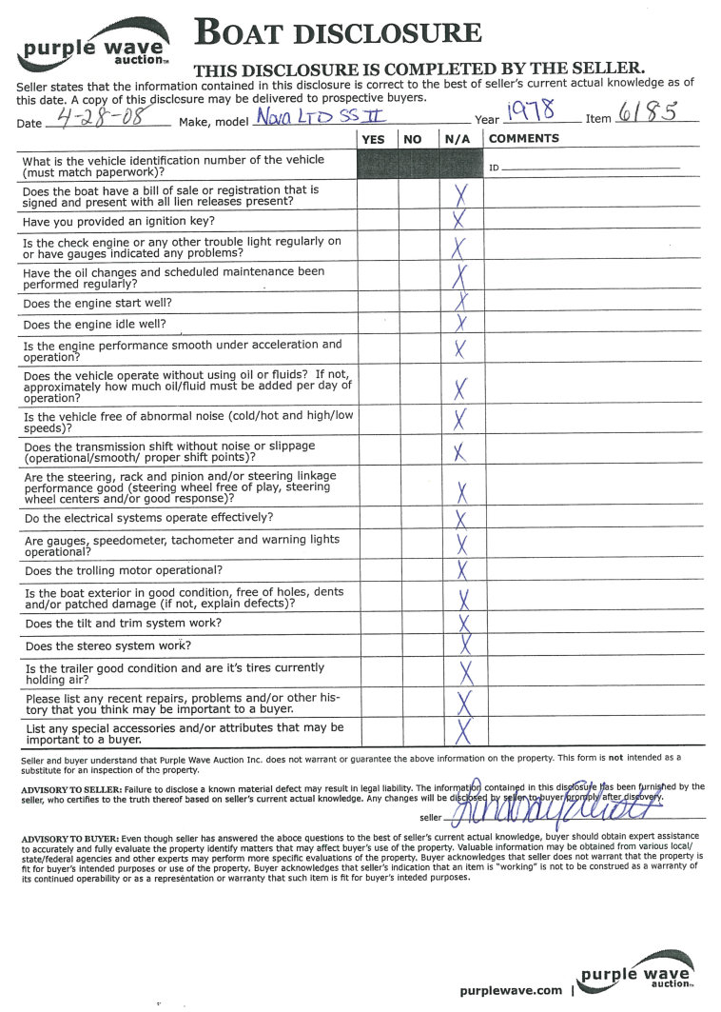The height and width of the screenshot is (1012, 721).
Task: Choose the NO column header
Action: tap(413, 139)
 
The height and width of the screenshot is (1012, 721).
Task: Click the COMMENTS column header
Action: tap(524, 139)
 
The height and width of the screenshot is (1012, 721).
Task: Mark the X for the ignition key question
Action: tap(460, 219)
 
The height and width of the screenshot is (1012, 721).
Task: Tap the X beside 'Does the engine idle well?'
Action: tap(461, 324)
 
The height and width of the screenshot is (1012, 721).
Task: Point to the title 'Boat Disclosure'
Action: tap(338, 33)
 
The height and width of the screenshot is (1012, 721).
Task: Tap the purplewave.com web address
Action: tap(511, 990)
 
